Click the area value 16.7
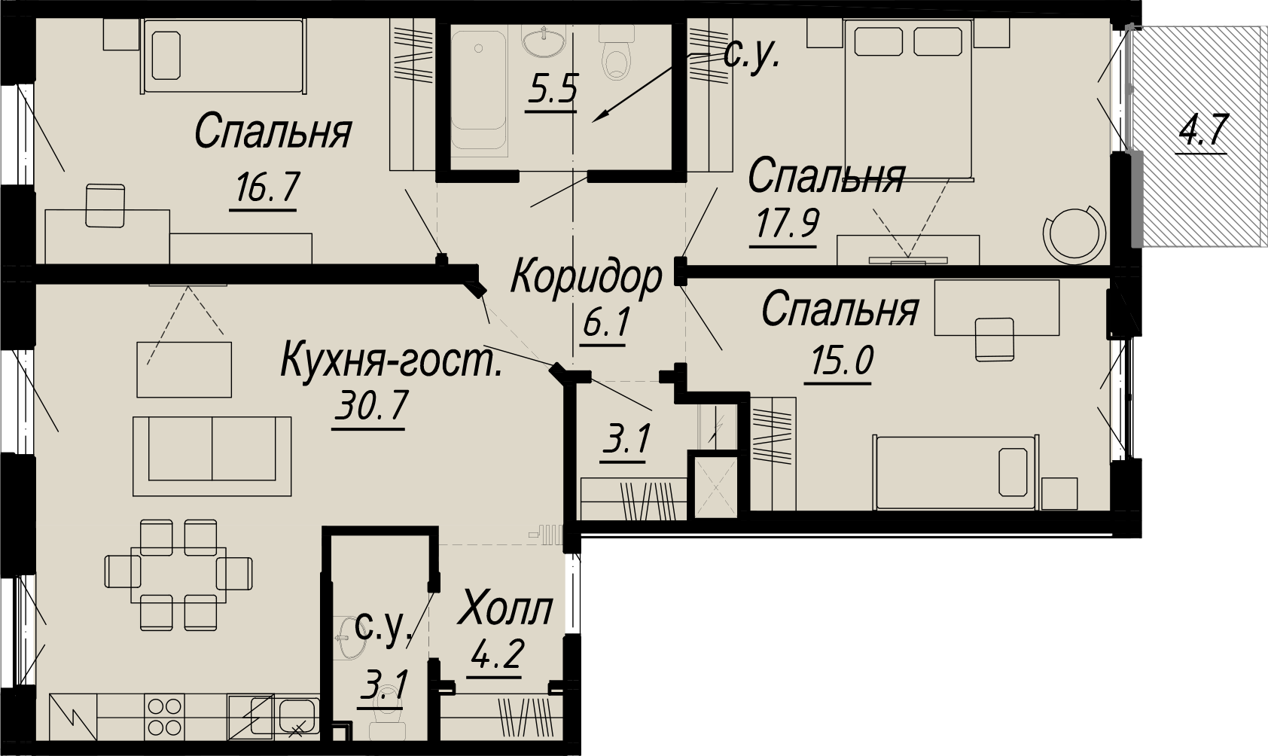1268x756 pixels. (x=267, y=188)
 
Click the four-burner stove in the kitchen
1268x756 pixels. (x=165, y=716)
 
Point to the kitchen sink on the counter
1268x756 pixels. (x=297, y=716)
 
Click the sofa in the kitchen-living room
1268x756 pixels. (x=212, y=456)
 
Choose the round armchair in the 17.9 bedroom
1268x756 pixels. (x=1074, y=234)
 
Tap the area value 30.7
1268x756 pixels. (x=370, y=405)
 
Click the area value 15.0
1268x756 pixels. (x=843, y=361)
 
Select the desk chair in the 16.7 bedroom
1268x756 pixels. (x=105, y=206)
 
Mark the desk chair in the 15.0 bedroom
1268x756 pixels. (x=995, y=339)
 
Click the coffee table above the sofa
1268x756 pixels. (x=184, y=369)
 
